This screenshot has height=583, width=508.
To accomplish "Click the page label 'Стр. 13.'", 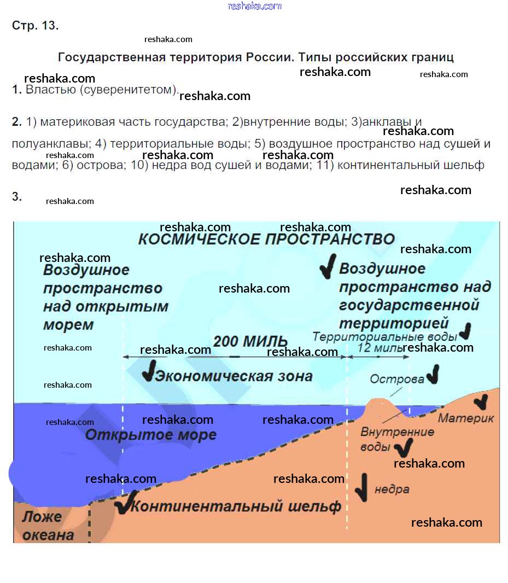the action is pyautogui.click(x=36, y=25).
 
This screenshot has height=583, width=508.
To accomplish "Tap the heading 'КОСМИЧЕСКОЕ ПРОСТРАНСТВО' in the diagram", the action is pyautogui.click(x=266, y=239).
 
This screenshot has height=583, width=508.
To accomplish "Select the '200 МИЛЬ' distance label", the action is pyautogui.click(x=250, y=341).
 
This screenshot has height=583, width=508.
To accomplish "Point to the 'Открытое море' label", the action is pyautogui.click(x=150, y=434).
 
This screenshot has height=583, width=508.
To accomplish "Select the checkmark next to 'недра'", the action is pyautogui.click(x=362, y=487).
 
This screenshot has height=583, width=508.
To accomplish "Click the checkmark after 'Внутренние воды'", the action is pyautogui.click(x=404, y=448).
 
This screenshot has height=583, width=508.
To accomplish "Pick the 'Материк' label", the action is pyautogui.click(x=465, y=418).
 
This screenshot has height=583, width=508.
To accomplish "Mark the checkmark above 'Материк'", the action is pyautogui.click(x=481, y=401).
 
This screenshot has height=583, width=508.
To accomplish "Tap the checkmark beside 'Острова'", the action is pyautogui.click(x=433, y=374).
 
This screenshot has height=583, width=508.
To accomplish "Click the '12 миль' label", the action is pyautogui.click(x=379, y=348).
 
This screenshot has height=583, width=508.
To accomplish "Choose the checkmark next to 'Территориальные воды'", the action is pyautogui.click(x=465, y=331).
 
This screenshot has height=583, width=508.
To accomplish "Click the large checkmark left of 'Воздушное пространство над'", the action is pyautogui.click(x=329, y=266).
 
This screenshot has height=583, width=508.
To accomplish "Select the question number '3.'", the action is pyautogui.click(x=17, y=196).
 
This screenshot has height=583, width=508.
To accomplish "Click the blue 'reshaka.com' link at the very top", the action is pyautogui.click(x=255, y=6).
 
